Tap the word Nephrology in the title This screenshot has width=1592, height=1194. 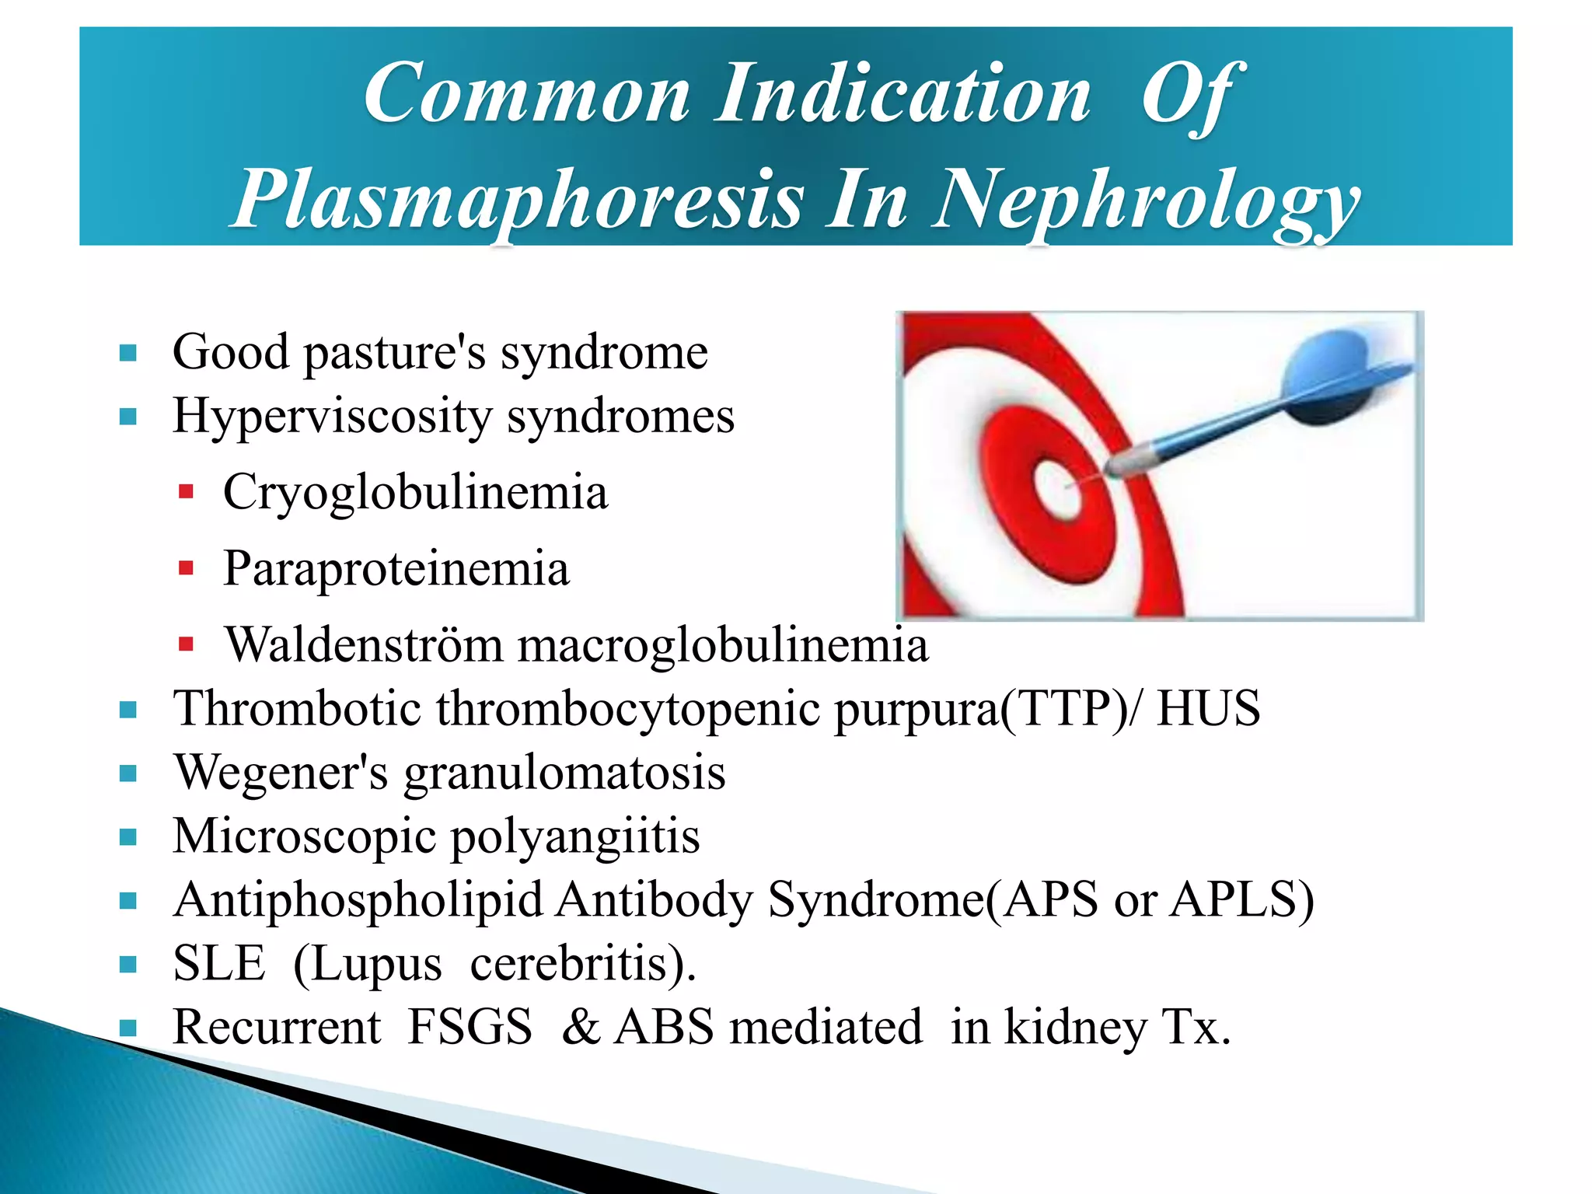click(x=1146, y=200)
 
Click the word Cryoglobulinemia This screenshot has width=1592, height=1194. click(x=415, y=493)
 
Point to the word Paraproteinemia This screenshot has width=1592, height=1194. click(x=396, y=569)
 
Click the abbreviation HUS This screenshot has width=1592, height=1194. click(x=1208, y=709)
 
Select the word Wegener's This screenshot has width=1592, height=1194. click(x=280, y=773)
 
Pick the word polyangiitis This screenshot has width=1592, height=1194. click(x=575, y=838)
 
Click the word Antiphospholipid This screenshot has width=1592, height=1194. click(x=358, y=900)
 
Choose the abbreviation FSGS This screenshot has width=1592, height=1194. click(x=470, y=1028)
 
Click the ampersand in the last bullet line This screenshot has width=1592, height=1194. click(x=581, y=1028)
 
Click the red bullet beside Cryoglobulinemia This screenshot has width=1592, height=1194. click(x=186, y=492)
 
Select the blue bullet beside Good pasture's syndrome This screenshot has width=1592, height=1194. click(x=128, y=354)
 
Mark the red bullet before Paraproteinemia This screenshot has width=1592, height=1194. click(x=186, y=568)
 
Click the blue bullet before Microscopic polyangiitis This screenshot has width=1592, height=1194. click(x=128, y=837)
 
